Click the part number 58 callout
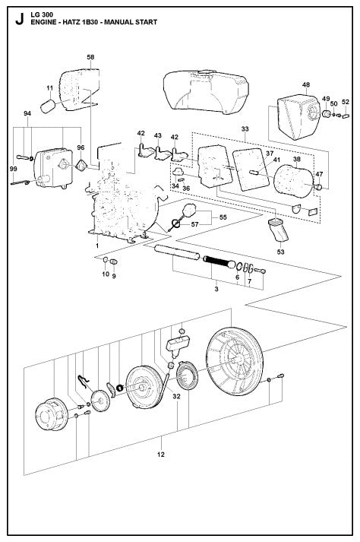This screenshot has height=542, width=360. point(90,58)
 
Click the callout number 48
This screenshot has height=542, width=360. point(305,84)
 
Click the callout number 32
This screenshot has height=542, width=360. point(176,396)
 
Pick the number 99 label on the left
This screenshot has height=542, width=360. point(12,168)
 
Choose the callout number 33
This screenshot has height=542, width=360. point(244,129)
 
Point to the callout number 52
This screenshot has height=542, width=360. point(346,102)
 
